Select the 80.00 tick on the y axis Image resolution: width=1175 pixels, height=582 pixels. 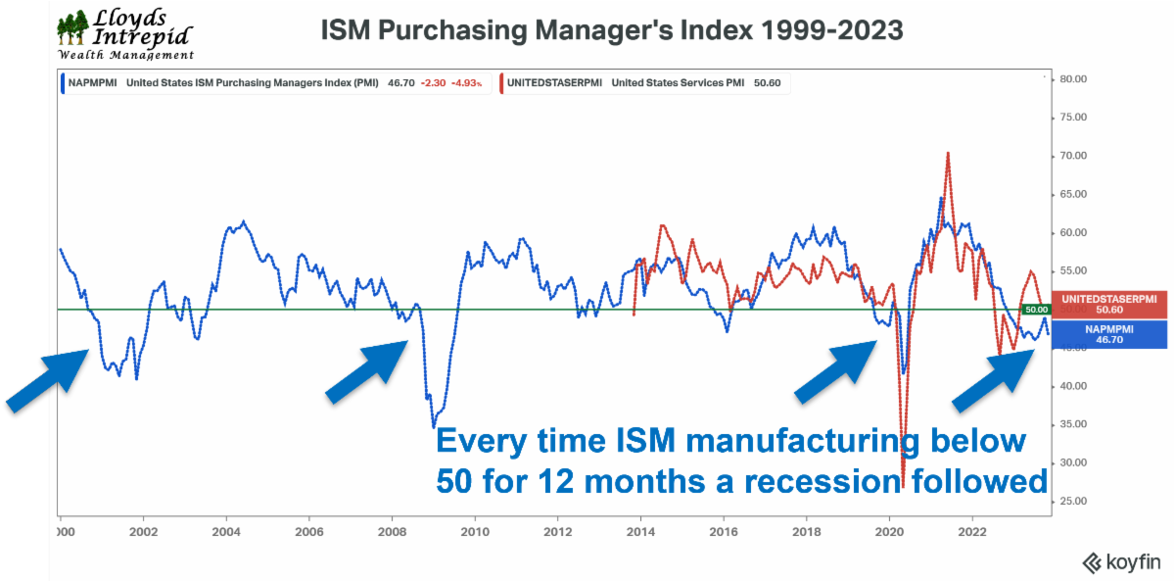click(x=1076, y=79)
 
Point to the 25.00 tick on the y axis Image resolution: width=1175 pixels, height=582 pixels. click(x=1076, y=502)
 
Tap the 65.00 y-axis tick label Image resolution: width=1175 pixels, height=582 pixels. click(x=1076, y=194)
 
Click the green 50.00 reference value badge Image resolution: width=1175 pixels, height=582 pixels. click(x=1035, y=310)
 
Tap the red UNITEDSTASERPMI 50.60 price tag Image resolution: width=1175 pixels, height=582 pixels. click(x=1108, y=304)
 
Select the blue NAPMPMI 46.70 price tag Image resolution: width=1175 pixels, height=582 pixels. click(x=1108, y=335)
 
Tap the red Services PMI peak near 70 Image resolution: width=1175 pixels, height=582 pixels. click(x=948, y=154)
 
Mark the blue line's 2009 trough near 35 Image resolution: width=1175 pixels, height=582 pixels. click(x=434, y=426)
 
